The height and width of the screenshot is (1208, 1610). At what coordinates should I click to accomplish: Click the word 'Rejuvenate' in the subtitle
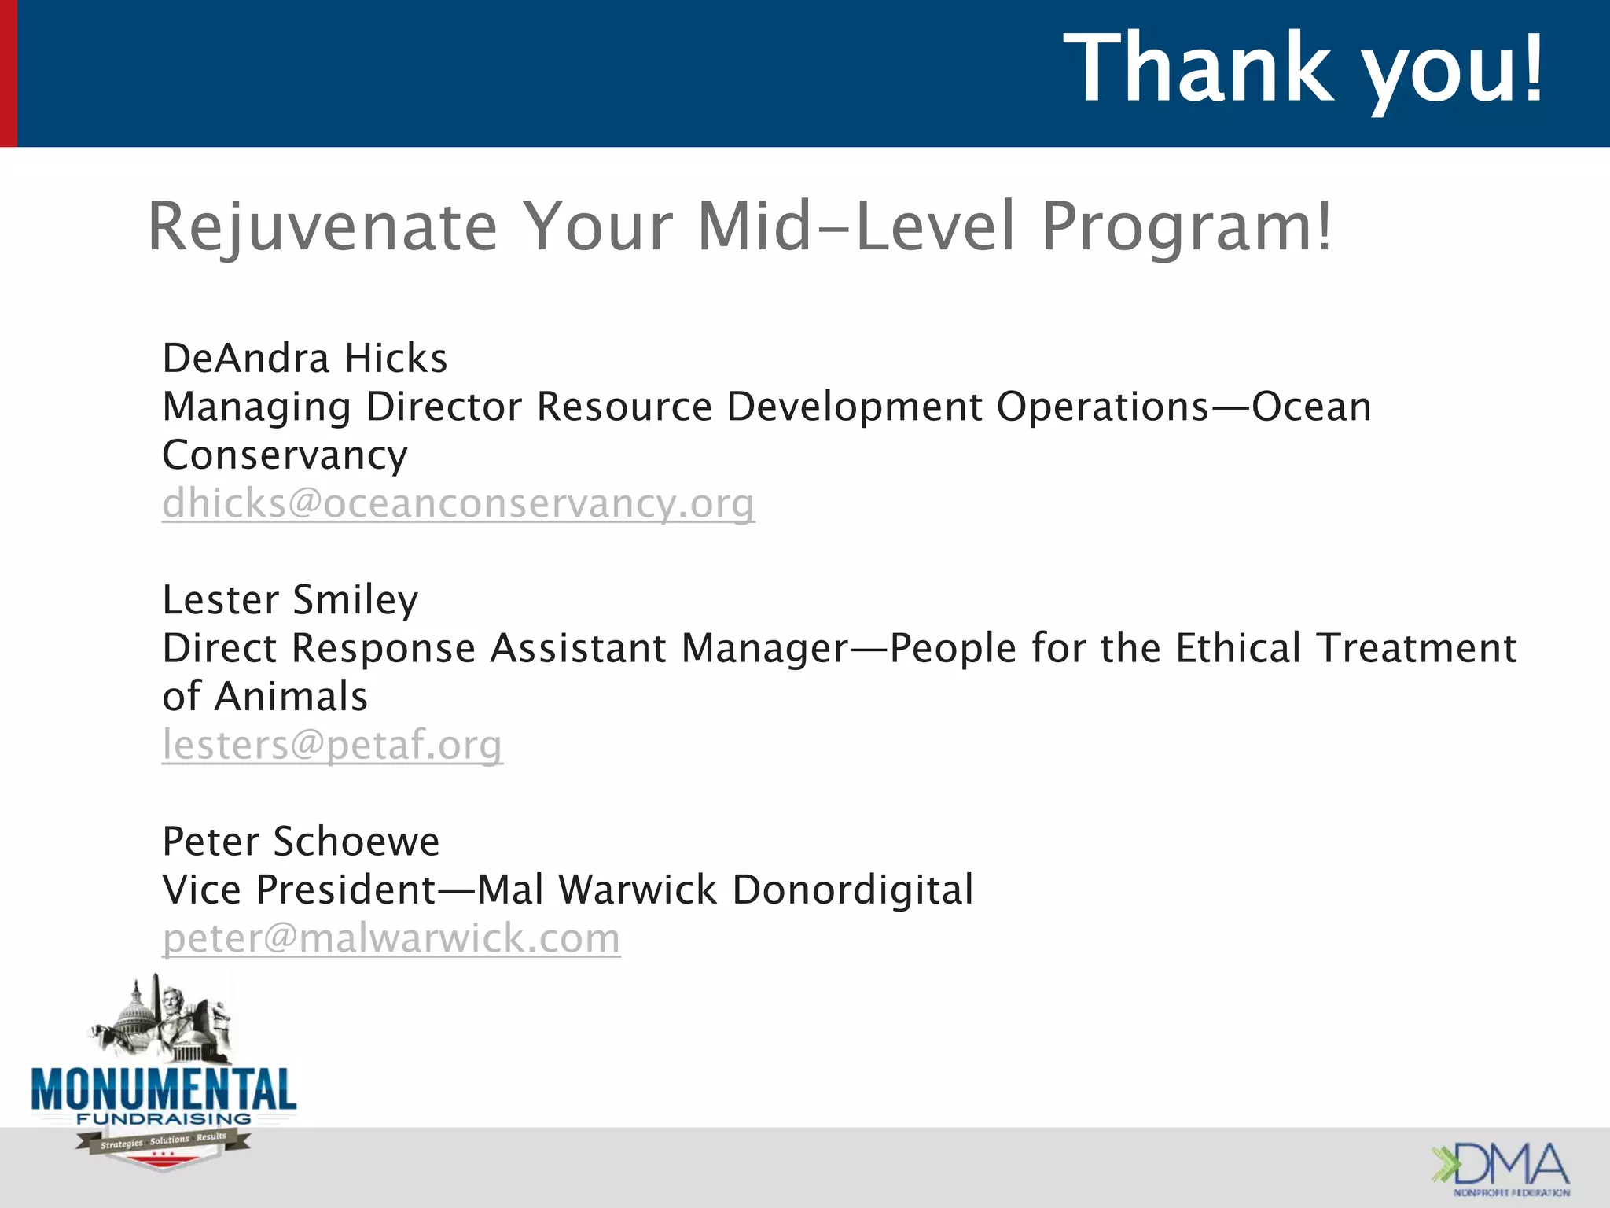[322, 228]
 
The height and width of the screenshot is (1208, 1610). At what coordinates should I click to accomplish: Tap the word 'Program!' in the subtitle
[1187, 228]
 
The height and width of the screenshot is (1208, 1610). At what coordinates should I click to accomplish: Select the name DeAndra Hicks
[304, 359]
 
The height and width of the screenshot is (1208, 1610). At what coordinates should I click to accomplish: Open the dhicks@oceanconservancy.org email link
[458, 503]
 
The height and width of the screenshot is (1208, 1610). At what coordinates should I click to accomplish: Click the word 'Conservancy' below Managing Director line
[285, 455]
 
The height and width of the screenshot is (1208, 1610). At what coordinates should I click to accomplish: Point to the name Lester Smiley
[290, 600]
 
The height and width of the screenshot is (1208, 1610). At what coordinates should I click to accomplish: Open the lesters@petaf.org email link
[332, 745]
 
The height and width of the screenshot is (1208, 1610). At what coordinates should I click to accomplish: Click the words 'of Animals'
[265, 697]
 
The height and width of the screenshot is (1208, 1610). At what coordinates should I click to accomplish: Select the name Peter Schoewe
[300, 842]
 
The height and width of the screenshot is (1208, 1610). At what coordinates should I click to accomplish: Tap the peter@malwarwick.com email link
[391, 938]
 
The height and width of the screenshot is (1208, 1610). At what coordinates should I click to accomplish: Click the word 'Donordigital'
[852, 890]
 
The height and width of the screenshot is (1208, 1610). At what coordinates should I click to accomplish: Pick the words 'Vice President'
[299, 890]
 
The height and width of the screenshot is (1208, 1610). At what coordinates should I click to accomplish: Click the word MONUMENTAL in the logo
[164, 1089]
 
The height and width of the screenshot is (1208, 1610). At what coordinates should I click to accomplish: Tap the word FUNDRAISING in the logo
[164, 1118]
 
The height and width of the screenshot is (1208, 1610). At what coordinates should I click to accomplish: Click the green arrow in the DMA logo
[1443, 1164]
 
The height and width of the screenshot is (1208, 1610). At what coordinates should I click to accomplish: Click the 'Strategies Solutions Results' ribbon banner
[164, 1141]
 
